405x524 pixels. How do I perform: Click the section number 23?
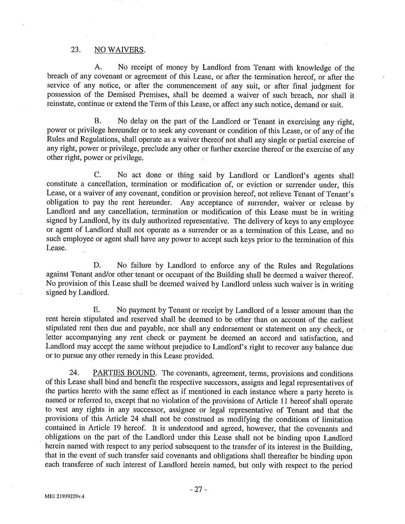pyautogui.click(x=76, y=50)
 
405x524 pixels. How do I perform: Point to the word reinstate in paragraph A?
pyautogui.click(x=60, y=104)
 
